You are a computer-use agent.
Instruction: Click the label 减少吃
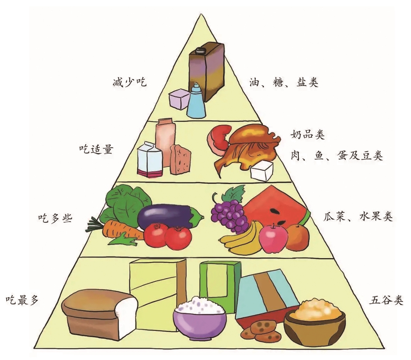(129, 82)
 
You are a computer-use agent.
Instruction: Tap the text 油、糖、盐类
(284, 82)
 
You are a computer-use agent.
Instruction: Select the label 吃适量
(96, 149)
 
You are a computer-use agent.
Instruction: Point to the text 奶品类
(307, 135)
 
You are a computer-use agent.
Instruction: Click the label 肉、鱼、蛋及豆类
(336, 155)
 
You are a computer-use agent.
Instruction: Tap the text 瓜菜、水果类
(358, 217)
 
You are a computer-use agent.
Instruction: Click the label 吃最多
(22, 300)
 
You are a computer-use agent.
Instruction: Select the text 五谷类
(386, 300)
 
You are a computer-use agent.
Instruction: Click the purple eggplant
(170, 216)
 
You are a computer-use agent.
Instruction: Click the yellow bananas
(242, 238)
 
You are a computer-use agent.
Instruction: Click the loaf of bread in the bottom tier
(100, 314)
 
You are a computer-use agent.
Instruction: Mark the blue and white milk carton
(150, 160)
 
